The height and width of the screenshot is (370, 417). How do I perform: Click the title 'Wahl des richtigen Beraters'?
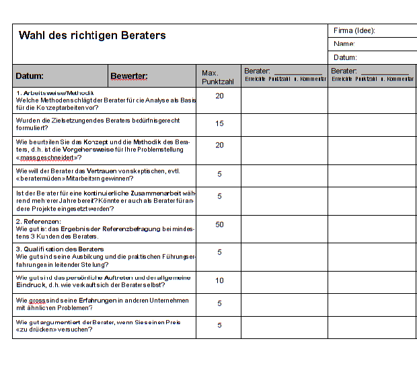pyautogui.click(x=92, y=36)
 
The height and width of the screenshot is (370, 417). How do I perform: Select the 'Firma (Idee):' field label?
pyautogui.click(x=354, y=30)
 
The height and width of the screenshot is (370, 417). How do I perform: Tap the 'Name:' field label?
pyautogui.click(x=344, y=44)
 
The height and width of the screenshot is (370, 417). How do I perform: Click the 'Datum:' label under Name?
pyautogui.click(x=345, y=58)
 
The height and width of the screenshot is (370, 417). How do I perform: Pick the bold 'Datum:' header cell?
pyautogui.click(x=30, y=76)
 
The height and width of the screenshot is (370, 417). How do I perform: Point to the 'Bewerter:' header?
pyautogui.click(x=129, y=76)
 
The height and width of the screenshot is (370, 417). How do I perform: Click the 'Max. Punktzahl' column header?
pyautogui.click(x=218, y=77)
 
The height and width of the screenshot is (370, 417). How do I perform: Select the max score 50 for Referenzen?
pyautogui.click(x=219, y=224)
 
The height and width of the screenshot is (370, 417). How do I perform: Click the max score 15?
pyautogui.click(x=219, y=124)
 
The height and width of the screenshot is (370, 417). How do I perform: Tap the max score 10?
pyautogui.click(x=219, y=280)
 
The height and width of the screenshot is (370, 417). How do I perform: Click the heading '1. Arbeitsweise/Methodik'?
pyautogui.click(x=54, y=92)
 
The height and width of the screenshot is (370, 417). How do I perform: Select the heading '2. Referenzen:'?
pyautogui.click(x=38, y=221)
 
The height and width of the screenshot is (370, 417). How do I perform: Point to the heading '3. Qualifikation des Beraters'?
pyautogui.click(x=60, y=249)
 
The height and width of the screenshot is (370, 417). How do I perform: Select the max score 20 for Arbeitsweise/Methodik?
pyautogui.click(x=219, y=96)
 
